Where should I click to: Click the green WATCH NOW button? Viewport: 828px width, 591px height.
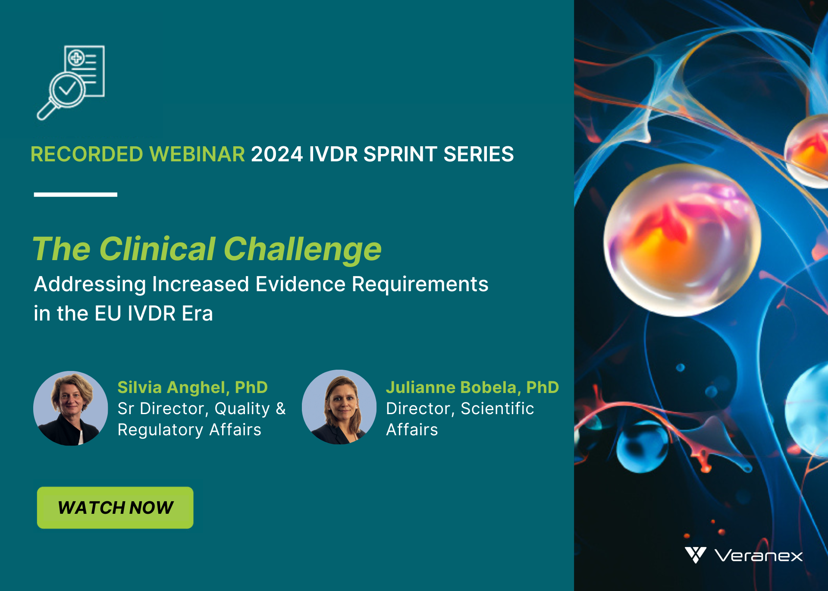coord(115,508)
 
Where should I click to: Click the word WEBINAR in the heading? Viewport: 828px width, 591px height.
coord(197,154)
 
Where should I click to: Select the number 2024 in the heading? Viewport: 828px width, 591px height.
coord(277,154)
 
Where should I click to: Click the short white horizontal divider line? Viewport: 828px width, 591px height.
coord(75,195)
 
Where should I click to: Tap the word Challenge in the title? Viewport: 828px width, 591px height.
coord(302,249)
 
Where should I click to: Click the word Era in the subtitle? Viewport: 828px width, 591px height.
coord(198,314)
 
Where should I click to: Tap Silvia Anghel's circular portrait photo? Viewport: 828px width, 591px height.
coord(71,408)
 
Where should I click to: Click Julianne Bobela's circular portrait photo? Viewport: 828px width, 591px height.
coord(339,407)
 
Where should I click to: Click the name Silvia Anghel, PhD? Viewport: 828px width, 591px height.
coord(193,387)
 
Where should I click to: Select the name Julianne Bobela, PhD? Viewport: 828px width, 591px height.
coord(473,387)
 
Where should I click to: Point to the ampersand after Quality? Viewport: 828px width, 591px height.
coord(281,408)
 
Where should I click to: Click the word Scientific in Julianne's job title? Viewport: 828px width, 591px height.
coord(497,409)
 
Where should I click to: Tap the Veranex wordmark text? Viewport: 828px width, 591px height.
coord(759,556)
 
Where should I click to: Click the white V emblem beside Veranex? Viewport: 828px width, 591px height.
coord(695,555)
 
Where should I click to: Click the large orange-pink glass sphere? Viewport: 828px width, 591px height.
coord(682,240)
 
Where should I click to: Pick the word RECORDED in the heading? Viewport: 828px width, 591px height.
coord(87,154)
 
